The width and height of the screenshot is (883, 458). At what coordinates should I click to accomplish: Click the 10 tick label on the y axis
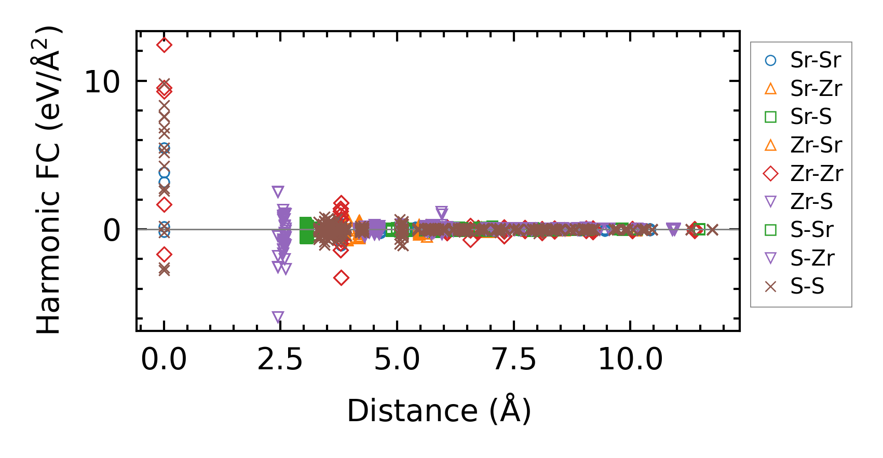point(102,82)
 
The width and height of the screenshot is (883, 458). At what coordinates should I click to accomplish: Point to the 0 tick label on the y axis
point(112,230)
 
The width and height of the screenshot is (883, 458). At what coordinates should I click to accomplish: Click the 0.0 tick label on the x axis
point(164,359)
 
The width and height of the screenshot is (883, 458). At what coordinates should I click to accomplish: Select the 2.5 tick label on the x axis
point(280,359)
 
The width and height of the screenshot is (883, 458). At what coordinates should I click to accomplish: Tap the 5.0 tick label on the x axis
point(397,359)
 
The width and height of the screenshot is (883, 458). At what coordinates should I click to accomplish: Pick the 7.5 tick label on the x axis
point(514,359)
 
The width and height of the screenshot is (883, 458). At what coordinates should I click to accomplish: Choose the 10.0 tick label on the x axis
point(630,359)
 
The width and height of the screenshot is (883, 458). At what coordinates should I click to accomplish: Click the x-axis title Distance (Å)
point(439,411)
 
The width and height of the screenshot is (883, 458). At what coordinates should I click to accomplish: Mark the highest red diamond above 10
point(164,45)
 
